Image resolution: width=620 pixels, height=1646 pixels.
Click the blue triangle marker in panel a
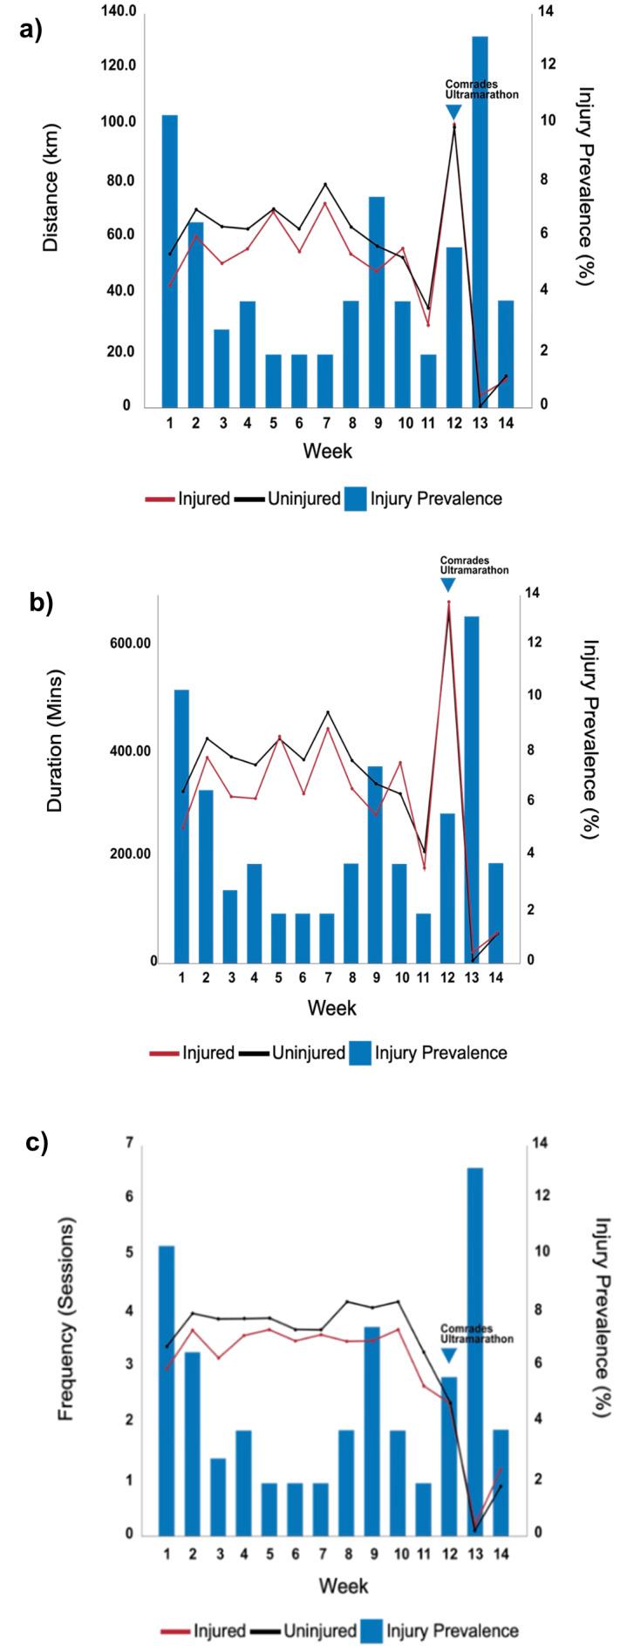453,112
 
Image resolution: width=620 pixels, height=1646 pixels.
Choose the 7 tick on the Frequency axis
129,1142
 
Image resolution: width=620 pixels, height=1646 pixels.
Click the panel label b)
42,602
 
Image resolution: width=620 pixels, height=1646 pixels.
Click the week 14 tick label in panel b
494,978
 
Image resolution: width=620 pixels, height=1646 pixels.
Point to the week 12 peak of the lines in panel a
453,126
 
